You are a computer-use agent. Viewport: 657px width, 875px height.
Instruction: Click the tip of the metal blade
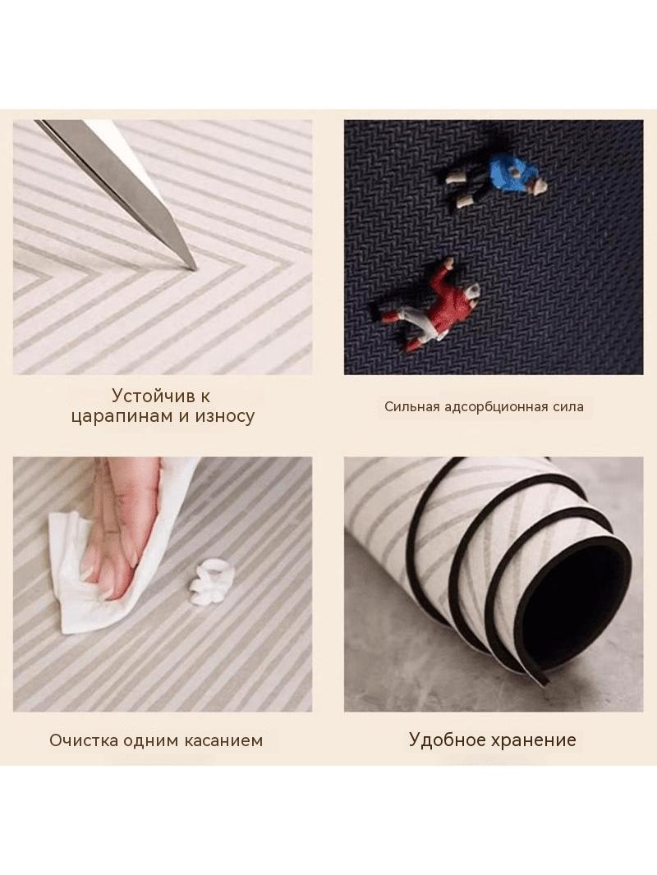195,270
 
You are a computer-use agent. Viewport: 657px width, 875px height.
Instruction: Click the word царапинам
122,417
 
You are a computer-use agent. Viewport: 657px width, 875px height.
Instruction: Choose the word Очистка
84,740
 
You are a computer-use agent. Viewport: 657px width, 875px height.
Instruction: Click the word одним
149,741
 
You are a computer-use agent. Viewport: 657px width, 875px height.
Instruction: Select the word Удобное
448,740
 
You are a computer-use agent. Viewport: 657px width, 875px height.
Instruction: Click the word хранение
534,740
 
